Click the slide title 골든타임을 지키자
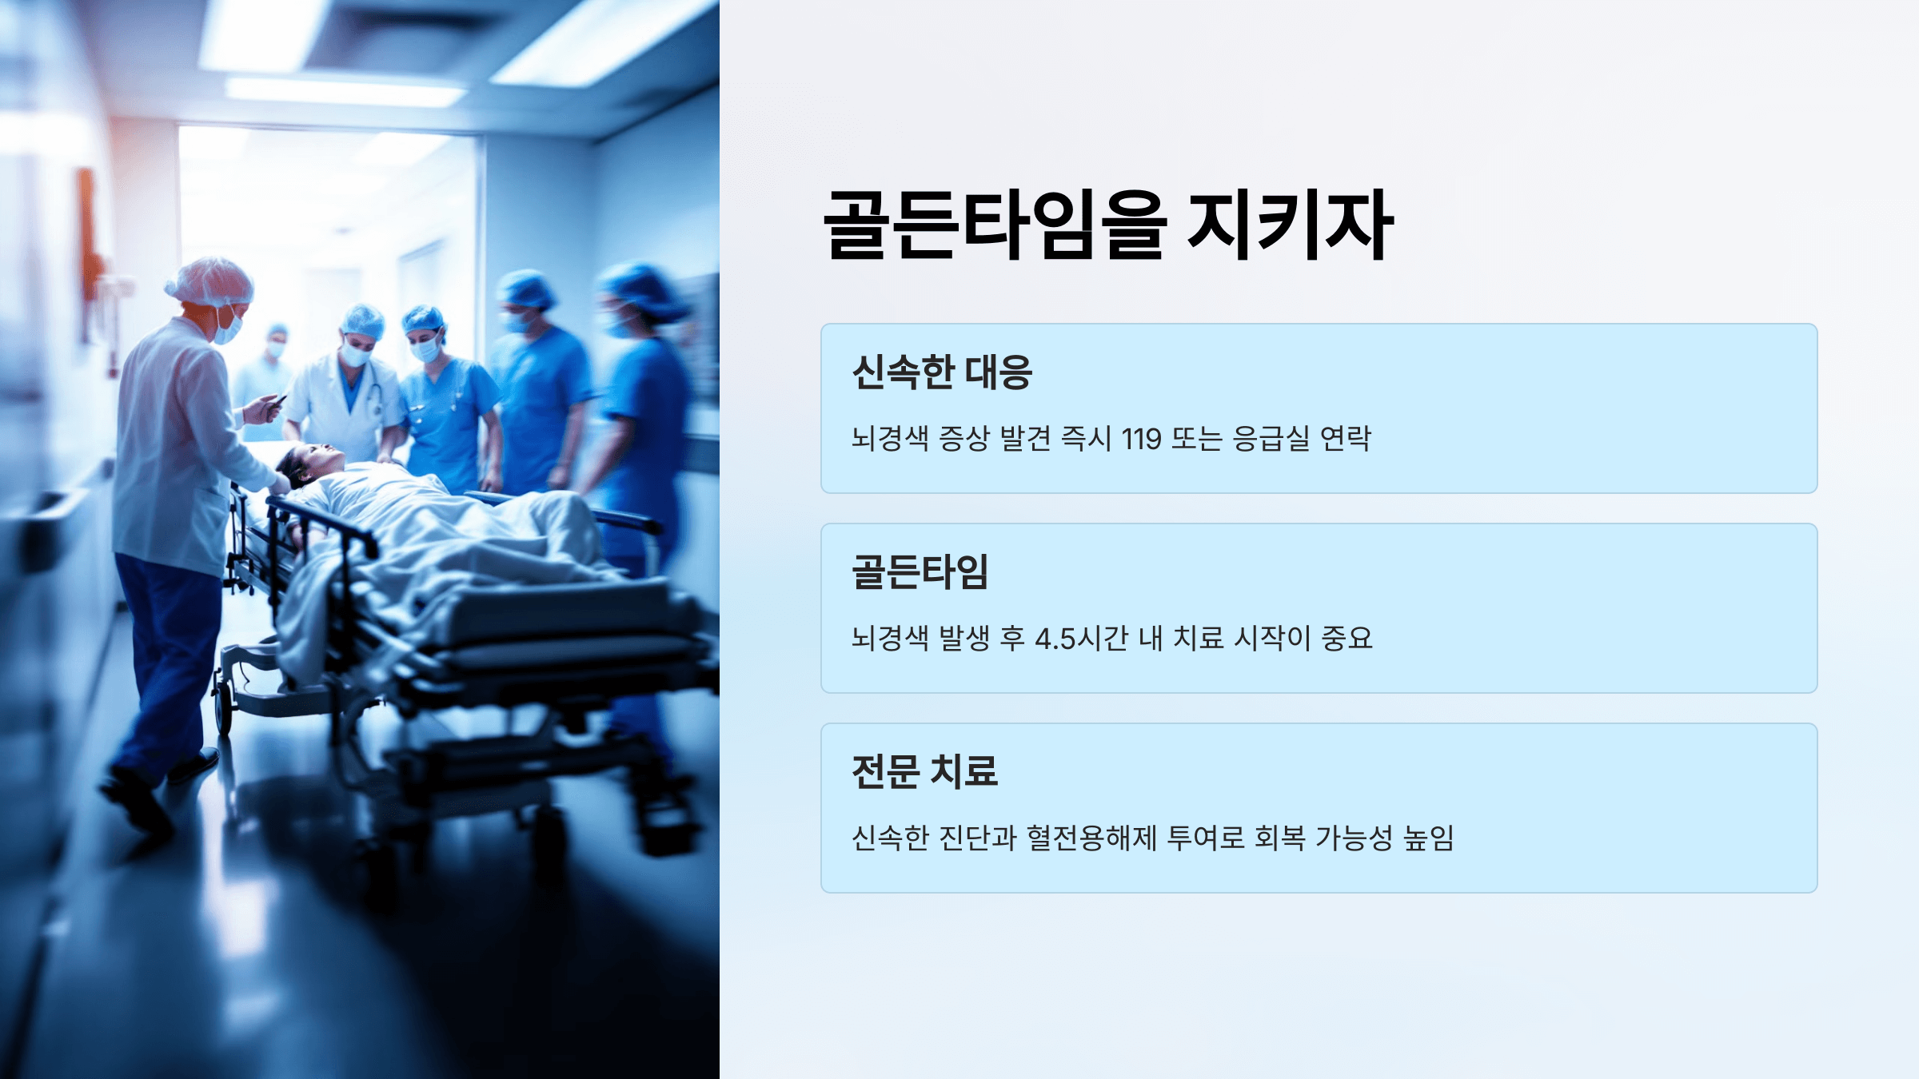[1108, 225]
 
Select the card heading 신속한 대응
[942, 372]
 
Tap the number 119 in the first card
[1141, 439]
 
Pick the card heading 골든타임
[920, 572]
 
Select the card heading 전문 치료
[924, 772]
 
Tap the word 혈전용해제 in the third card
[1091, 838]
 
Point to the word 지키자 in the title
[1291, 225]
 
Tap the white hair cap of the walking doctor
[209, 281]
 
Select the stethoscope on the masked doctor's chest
[373, 400]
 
